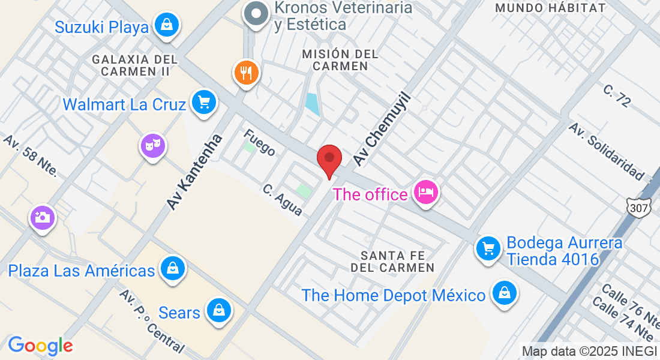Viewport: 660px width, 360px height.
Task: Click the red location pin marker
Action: pyautogui.click(x=329, y=159)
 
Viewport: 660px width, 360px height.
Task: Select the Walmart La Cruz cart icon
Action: pyautogui.click(x=203, y=103)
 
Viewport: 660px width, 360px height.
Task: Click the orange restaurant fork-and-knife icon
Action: pyautogui.click(x=246, y=73)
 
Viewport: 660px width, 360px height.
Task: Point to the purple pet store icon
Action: pyautogui.click(x=153, y=145)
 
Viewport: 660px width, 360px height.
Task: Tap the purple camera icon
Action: pyautogui.click(x=43, y=217)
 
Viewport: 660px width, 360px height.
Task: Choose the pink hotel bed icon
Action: pyautogui.click(x=425, y=193)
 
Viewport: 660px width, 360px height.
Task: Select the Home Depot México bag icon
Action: pyautogui.click(x=505, y=293)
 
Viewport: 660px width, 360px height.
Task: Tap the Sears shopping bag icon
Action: pyautogui.click(x=219, y=311)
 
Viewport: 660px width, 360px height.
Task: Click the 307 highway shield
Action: pyautogui.click(x=638, y=208)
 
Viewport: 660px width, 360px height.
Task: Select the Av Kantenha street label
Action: pyautogui.click(x=194, y=172)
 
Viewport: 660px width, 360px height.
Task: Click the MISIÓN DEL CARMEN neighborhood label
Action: pyautogui.click(x=340, y=60)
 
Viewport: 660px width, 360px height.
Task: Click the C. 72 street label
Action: pyautogui.click(x=617, y=96)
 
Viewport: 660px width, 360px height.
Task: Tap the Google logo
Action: pyautogui.click(x=40, y=346)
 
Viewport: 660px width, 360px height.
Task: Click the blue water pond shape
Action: pyautogui.click(x=312, y=104)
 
